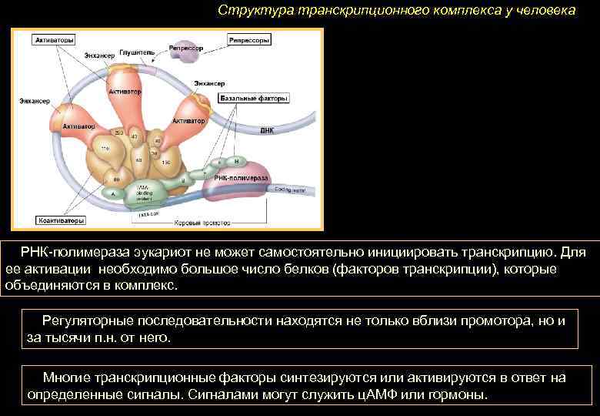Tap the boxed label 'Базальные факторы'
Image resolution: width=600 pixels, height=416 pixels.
tap(254, 99)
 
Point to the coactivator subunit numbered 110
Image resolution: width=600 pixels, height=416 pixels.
tap(105, 148)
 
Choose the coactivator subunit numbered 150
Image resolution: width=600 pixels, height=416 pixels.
tap(165, 163)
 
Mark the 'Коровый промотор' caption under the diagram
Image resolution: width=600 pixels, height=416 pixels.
tap(206, 223)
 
